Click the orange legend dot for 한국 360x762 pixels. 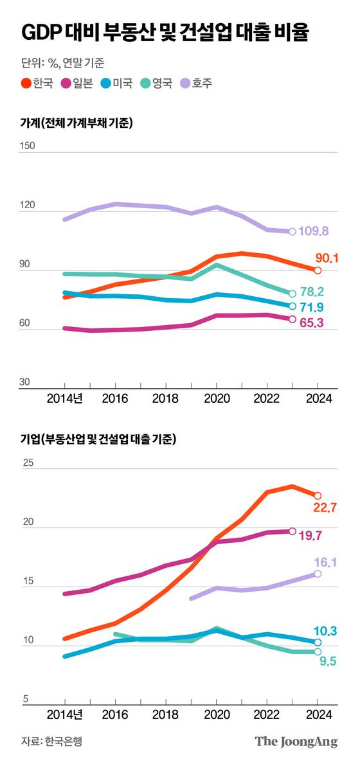tap(26, 83)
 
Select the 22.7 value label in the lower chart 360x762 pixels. tap(325, 508)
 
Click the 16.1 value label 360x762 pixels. tap(325, 562)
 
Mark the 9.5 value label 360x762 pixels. tap(328, 661)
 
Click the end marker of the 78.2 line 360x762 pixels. tap(292, 294)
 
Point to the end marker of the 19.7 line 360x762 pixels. tap(292, 531)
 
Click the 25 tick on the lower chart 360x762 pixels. tap(27, 462)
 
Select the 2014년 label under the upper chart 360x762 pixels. tap(64, 398)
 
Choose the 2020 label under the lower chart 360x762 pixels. tap(217, 714)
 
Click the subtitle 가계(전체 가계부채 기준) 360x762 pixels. tap(76, 123)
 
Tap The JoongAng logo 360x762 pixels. tap(296, 741)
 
